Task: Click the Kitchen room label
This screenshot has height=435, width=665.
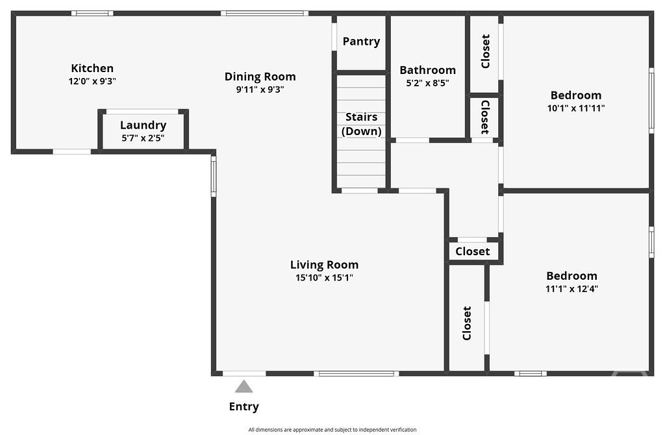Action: [92, 68]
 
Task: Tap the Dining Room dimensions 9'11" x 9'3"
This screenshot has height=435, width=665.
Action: [260, 90]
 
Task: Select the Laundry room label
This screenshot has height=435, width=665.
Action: [143, 125]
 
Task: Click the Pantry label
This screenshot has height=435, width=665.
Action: [361, 41]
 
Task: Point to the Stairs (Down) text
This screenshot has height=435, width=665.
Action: [361, 124]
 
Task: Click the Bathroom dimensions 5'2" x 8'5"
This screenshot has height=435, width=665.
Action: [427, 82]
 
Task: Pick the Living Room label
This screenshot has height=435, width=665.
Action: [325, 264]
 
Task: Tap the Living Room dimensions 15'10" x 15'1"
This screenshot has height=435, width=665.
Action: [325, 278]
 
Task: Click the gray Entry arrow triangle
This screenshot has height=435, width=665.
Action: [244, 386]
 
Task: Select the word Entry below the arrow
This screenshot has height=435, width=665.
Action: [244, 406]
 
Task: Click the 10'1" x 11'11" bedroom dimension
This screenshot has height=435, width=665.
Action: [576, 108]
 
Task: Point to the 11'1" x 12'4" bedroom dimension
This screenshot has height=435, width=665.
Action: [571, 289]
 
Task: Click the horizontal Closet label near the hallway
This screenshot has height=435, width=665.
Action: [473, 251]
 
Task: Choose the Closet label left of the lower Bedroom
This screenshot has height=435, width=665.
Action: [467, 323]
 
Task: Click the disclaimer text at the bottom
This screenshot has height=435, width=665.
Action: [332, 430]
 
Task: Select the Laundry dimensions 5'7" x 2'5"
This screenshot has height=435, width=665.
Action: [143, 138]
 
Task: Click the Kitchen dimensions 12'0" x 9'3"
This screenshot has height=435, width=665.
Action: [92, 81]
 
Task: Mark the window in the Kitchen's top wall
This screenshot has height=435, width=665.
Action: [92, 13]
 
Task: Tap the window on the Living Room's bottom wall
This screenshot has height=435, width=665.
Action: [357, 373]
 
